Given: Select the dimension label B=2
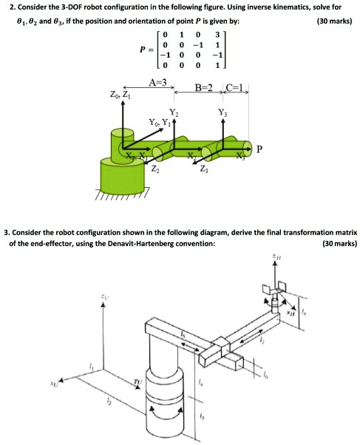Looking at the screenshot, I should pyautogui.click(x=203, y=88).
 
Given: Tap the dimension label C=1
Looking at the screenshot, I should pyautogui.click(x=236, y=88).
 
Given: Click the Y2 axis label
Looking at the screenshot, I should pyautogui.click(x=174, y=112).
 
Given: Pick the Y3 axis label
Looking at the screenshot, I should pyautogui.click(x=223, y=112).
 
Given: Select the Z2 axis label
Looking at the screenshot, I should pyautogui.click(x=154, y=170).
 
